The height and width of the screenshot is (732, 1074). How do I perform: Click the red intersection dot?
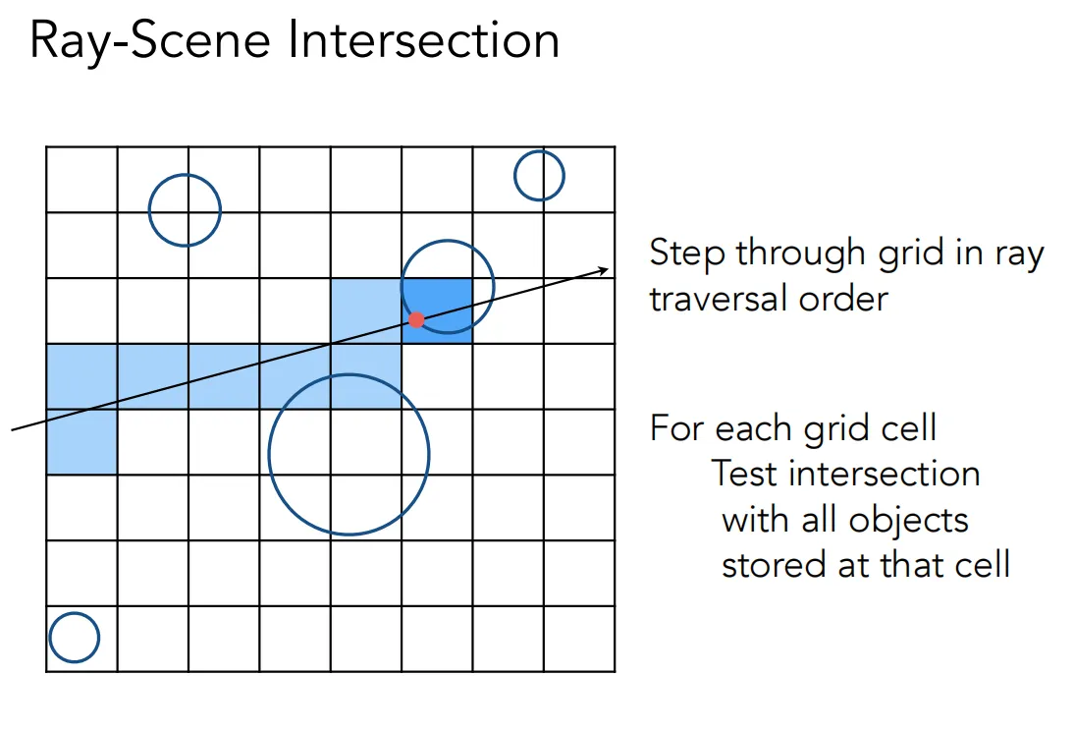coord(416,319)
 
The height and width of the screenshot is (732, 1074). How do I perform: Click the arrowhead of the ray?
coord(604,271)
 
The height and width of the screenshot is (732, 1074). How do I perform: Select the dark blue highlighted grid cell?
coord(437,310)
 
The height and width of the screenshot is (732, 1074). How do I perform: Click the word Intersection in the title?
coord(423,39)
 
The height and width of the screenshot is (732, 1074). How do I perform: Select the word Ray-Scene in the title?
coord(150,41)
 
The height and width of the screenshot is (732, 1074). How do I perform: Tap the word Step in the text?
coord(687,253)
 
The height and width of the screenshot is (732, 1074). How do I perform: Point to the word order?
coord(843,300)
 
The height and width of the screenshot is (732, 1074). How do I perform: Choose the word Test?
coord(745,474)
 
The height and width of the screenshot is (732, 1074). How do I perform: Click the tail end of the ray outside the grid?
coord(13,430)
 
